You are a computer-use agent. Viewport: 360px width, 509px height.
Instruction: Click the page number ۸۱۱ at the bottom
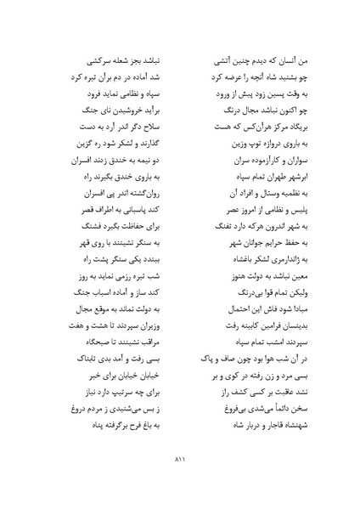180,461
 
